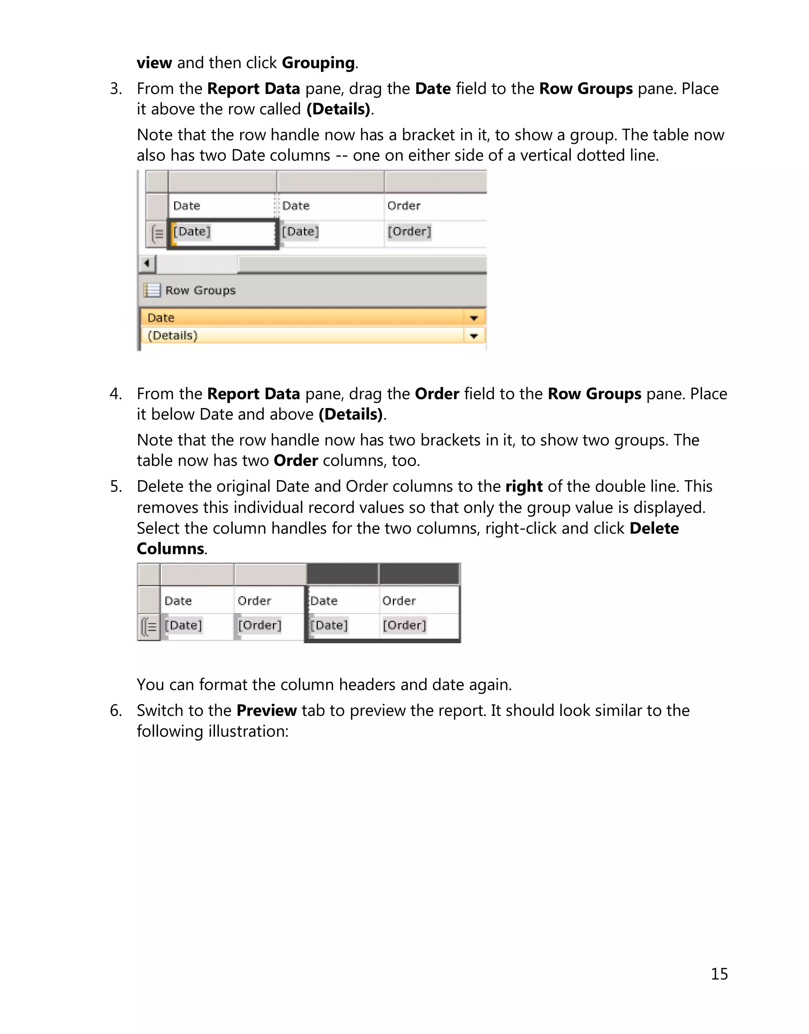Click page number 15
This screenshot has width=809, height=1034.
(x=719, y=974)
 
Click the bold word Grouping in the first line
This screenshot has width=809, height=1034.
(x=318, y=63)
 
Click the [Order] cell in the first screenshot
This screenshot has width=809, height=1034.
(x=409, y=232)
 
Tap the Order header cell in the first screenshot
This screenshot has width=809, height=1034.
(x=404, y=206)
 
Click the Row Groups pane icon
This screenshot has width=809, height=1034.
(x=152, y=290)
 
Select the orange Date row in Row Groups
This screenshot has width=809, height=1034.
(x=303, y=318)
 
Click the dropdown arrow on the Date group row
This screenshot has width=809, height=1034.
(x=474, y=318)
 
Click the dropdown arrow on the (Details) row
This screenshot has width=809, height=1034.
(x=474, y=336)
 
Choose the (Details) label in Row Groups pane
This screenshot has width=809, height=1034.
(x=172, y=336)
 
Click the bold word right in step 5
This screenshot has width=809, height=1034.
(x=524, y=487)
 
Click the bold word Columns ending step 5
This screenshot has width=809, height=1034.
(x=171, y=549)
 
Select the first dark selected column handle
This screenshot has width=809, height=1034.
(x=342, y=574)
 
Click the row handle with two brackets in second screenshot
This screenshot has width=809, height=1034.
(x=149, y=627)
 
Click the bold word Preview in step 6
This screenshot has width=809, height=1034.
(x=266, y=711)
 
